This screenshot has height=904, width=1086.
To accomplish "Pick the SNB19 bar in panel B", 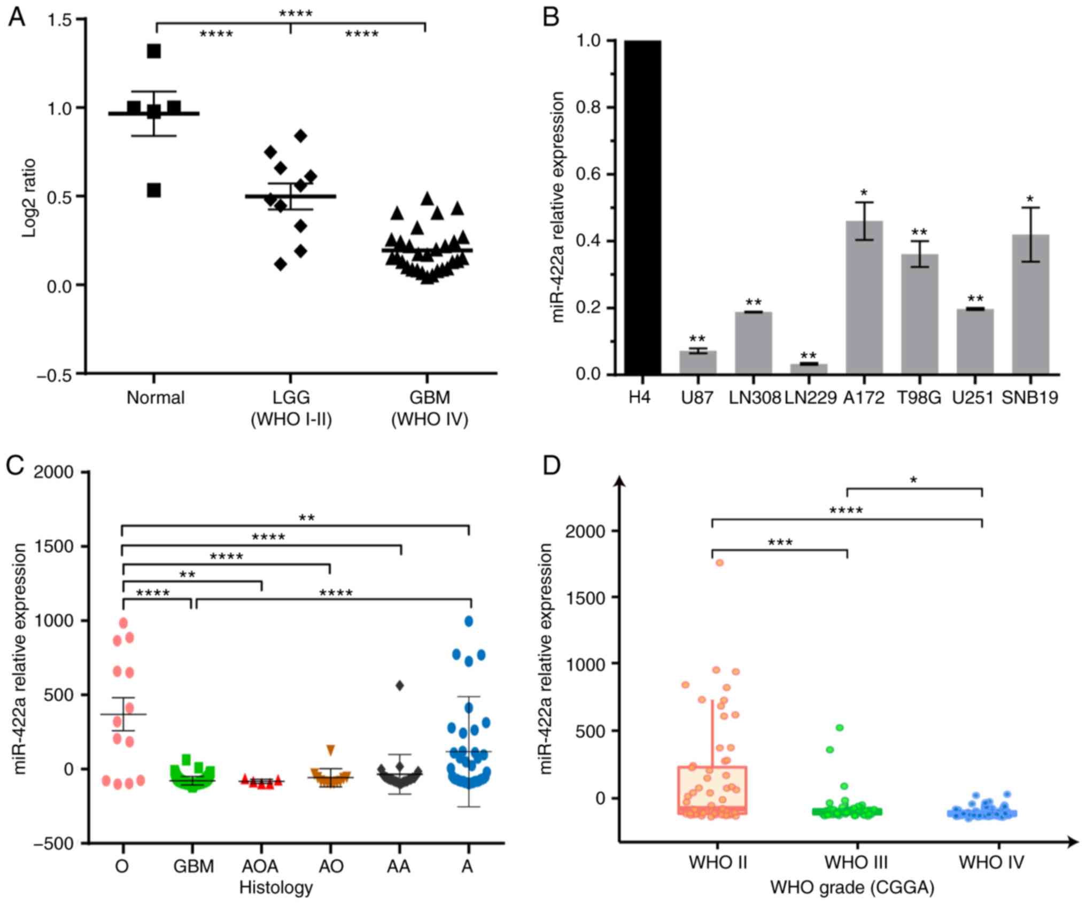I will click(1030, 304).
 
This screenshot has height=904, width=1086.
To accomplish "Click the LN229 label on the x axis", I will click(810, 398).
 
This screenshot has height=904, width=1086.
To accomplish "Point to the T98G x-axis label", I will click(919, 398).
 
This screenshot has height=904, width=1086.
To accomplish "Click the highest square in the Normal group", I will click(154, 51).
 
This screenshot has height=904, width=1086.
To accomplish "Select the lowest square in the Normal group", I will click(154, 190).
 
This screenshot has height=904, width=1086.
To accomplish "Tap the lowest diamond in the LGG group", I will click(281, 264).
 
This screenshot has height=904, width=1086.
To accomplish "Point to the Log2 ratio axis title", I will click(29, 197).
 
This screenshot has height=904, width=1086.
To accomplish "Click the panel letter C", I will click(15, 466).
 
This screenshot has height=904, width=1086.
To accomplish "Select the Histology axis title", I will click(276, 887).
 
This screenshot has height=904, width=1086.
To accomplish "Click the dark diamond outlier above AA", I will click(399, 685).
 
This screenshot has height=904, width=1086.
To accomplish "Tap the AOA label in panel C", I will click(261, 866).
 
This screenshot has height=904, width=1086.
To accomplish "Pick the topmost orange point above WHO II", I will click(720, 562).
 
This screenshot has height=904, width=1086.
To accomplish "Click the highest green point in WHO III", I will click(840, 728).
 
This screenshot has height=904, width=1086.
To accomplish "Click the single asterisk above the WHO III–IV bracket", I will click(914, 481).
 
